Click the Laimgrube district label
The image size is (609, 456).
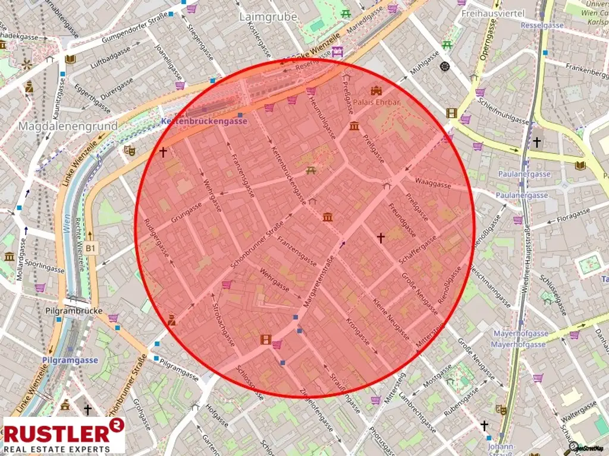pyautogui.click(x=268, y=17)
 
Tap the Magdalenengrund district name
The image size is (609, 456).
pyautogui.click(x=68, y=126)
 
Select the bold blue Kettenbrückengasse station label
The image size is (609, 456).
pyautogui.click(x=204, y=121)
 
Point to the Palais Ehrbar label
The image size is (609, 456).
pyautogui.click(x=376, y=102)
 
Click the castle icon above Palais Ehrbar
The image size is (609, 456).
pyautogui.click(x=375, y=91)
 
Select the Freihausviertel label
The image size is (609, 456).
pyautogui.click(x=493, y=13)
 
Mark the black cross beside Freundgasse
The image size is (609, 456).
pyautogui.click(x=381, y=237)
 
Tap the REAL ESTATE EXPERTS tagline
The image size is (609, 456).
pyautogui.click(x=57, y=449)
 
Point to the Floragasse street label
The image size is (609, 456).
pyautogui.click(x=574, y=215)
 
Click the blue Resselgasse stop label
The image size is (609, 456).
pyautogui.click(x=542, y=26)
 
